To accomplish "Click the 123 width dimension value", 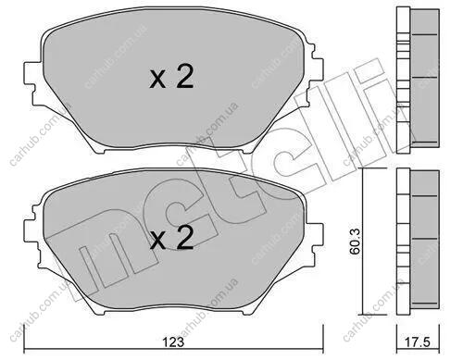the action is tap(174, 341).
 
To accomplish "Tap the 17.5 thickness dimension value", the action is tap(419, 341).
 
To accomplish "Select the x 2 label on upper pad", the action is tap(171, 78).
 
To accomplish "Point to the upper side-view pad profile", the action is tap(418, 81).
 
